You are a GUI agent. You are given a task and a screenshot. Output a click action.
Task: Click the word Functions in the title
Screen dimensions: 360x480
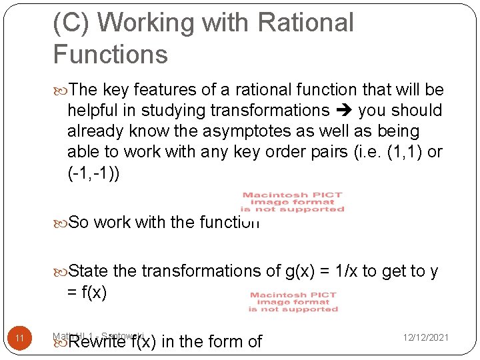pyautogui.click(x=110, y=54)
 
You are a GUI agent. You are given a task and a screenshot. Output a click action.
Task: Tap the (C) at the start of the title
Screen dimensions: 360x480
pyautogui.click(x=71, y=23)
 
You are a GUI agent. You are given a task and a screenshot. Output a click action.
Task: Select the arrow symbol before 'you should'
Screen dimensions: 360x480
pyautogui.click(x=344, y=111)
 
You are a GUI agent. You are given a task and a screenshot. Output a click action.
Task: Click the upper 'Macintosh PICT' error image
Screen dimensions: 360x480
pyautogui.click(x=292, y=202)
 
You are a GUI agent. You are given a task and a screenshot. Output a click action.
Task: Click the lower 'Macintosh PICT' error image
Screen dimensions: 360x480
pyautogui.click(x=293, y=302)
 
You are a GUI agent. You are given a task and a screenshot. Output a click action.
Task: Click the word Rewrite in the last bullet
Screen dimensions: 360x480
pyautogui.click(x=97, y=342)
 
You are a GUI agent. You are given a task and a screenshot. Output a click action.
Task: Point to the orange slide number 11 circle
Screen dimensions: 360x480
pyautogui.click(x=20, y=339)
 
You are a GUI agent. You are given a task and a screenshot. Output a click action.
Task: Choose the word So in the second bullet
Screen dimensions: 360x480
pyautogui.click(x=79, y=222)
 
